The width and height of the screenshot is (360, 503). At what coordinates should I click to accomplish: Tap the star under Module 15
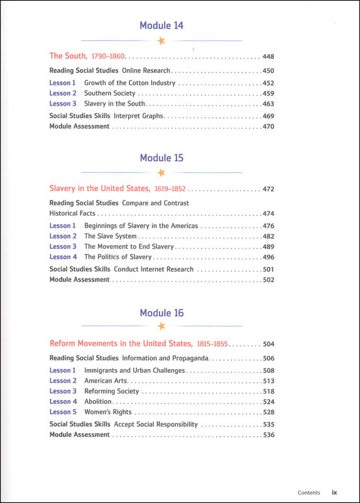pos(161,172)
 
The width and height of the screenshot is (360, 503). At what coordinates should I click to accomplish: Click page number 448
pos(268,56)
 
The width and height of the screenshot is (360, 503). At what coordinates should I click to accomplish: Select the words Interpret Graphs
pos(139,116)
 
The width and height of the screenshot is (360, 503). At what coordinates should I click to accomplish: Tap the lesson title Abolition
pos(98,402)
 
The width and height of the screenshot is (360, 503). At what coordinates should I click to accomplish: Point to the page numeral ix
pos(335,493)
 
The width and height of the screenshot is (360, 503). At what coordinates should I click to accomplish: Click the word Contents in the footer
pos(309,493)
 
